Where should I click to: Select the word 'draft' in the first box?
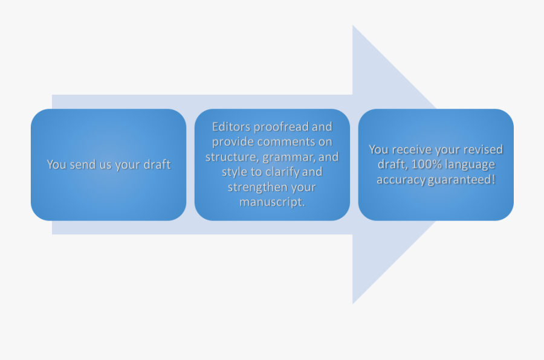[x=157, y=164]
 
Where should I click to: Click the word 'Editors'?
[x=231, y=127]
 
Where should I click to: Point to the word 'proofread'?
[x=281, y=127]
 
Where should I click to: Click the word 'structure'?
[x=232, y=157]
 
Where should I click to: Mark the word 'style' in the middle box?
[x=233, y=172]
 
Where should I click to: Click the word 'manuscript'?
[x=271, y=202]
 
